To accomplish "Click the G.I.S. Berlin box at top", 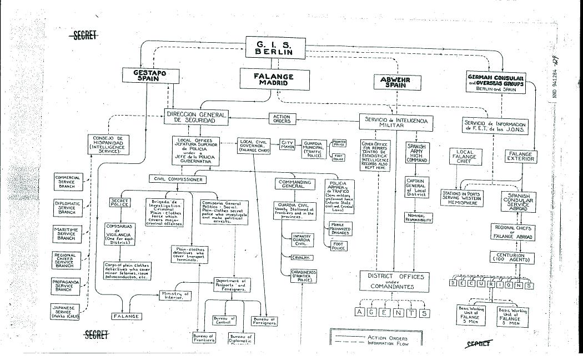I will pos(277,48).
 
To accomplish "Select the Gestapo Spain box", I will pos(148,76).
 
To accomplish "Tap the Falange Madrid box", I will pos(274,79).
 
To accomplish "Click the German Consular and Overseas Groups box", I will pos(496,83).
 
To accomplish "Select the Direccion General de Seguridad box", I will pos(197,117).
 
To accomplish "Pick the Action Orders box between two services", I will pos(282,119).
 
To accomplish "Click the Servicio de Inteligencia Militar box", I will pos(396,123).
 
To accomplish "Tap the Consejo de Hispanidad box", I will pos(108,144).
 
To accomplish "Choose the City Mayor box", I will pos(287,145).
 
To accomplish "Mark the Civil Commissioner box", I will pos(177,179).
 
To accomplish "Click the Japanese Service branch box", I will pos(66,311).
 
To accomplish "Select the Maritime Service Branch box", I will pos(66,233).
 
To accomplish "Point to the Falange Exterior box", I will pos(520,157).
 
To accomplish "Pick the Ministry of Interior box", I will pos(175,295).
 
